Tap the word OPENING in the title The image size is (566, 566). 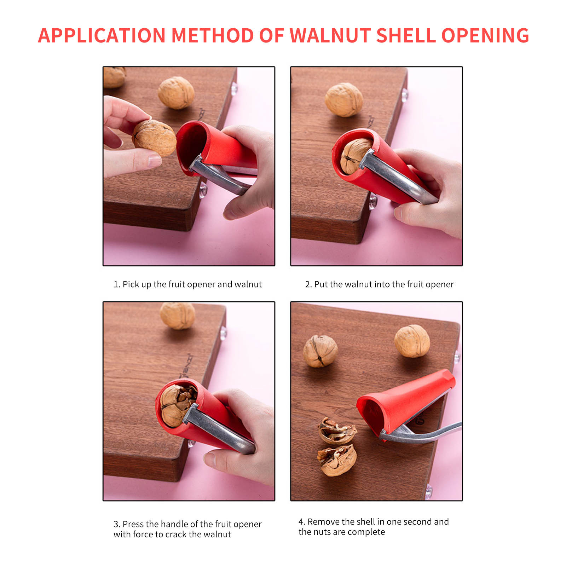[x=485, y=35]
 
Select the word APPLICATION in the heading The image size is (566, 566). [x=102, y=35]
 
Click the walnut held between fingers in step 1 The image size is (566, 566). [x=154, y=138]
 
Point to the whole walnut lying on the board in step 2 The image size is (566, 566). [x=344, y=100]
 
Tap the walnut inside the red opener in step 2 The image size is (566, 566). [x=355, y=156]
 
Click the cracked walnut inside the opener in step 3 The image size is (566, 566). [x=178, y=405]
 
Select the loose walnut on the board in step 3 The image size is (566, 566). [x=177, y=316]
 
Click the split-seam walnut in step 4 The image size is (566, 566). [x=320, y=351]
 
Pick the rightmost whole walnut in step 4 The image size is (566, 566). [x=412, y=341]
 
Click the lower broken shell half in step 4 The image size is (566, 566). [x=337, y=461]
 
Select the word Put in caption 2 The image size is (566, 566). [x=321, y=284]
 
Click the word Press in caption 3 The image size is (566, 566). [x=133, y=524]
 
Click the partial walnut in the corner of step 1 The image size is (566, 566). [x=114, y=77]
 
